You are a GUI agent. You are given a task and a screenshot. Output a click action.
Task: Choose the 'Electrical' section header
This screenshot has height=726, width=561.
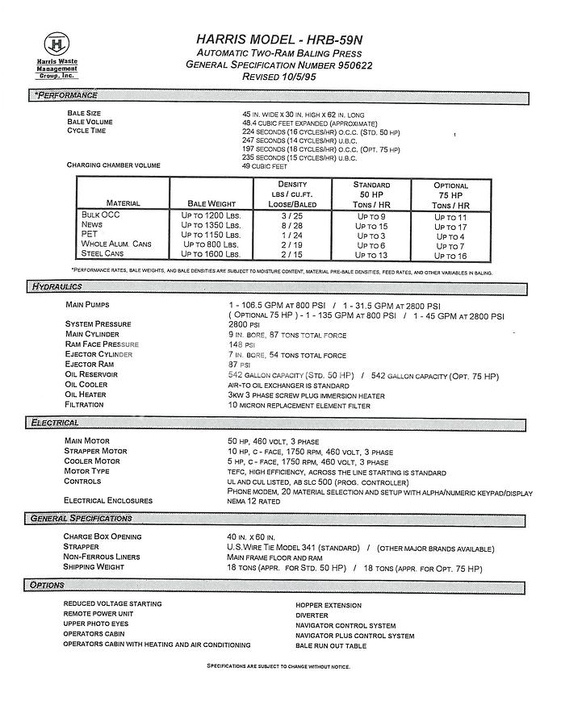coord(55,422)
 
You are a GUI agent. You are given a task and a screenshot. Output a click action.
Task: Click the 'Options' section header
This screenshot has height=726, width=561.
coord(48,585)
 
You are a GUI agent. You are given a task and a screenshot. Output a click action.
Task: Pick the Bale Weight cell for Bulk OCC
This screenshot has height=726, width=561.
coord(211,216)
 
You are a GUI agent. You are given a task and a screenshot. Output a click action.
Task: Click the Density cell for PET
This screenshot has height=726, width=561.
coord(291,236)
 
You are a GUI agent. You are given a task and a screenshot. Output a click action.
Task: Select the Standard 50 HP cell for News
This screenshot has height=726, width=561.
coord(371,226)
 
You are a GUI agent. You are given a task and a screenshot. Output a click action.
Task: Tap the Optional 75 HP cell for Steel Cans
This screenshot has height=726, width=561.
coord(450,256)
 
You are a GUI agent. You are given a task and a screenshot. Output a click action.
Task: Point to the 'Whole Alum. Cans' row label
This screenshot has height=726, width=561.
coord(117,244)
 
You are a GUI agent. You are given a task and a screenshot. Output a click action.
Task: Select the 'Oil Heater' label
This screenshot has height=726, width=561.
coord(86,394)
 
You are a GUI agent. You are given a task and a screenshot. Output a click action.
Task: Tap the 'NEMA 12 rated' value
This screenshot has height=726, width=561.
coord(255,501)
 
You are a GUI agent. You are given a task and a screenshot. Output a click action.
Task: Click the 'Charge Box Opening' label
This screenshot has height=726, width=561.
coord(103,536)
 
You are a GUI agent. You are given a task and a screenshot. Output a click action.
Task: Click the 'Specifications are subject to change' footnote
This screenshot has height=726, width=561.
coord(278,666)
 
